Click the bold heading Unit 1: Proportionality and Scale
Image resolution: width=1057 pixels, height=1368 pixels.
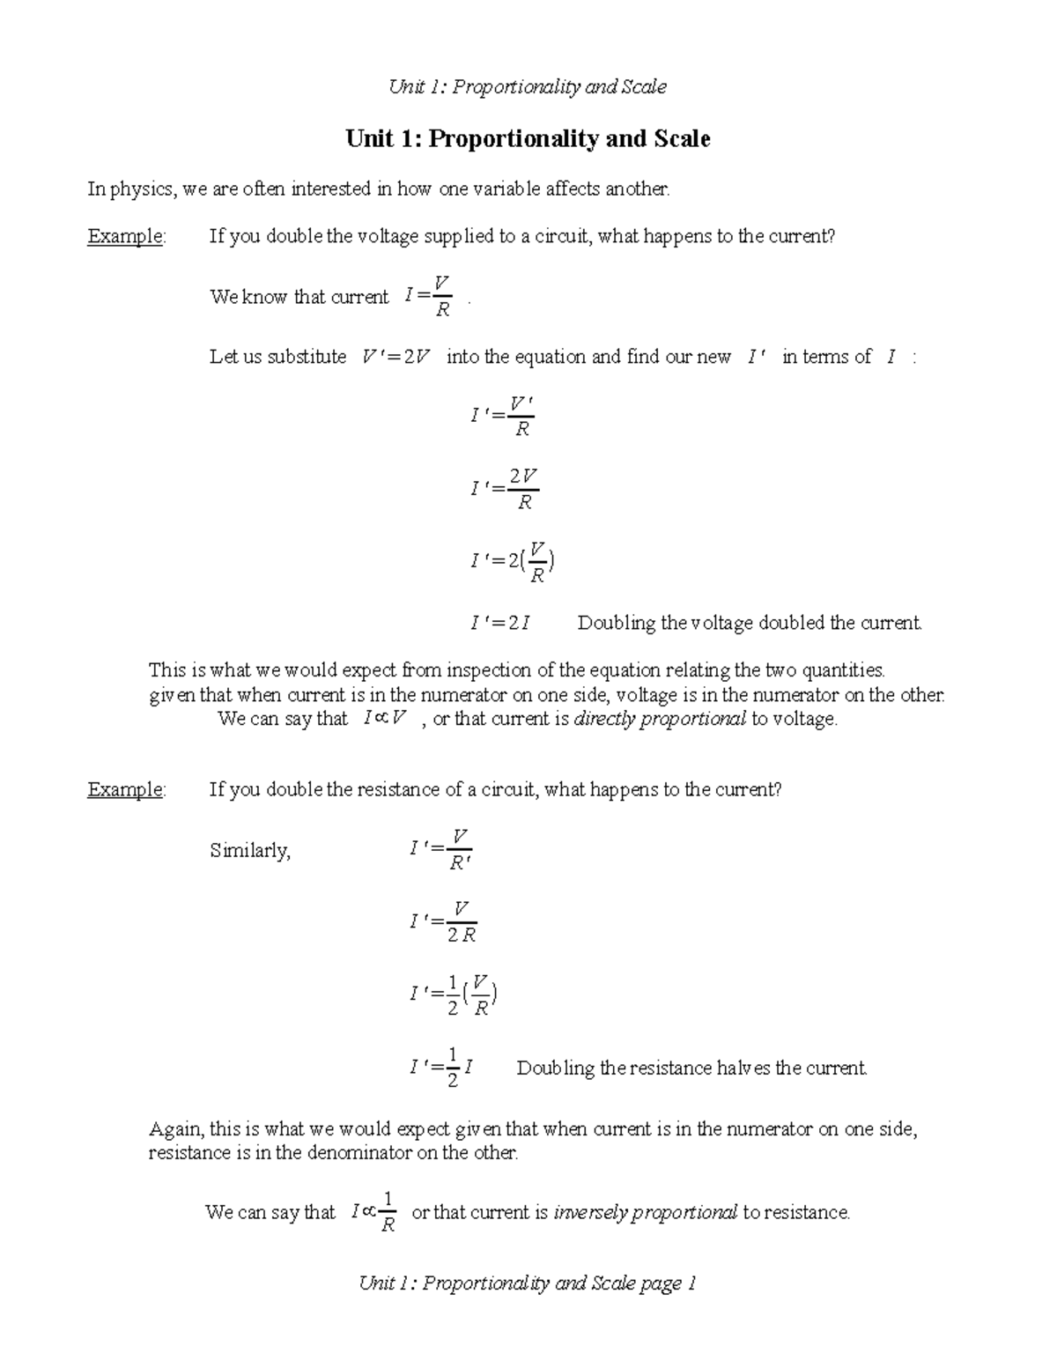[x=528, y=139]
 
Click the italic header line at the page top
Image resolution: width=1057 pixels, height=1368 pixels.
[x=528, y=86]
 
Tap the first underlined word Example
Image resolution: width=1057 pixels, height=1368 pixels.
[x=125, y=236]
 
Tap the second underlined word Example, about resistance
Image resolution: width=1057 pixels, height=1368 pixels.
[x=125, y=789]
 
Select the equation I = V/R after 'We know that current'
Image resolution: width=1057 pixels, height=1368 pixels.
[x=428, y=297]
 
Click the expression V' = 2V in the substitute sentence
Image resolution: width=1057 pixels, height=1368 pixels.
[x=395, y=357]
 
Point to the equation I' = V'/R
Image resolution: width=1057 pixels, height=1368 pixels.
[x=503, y=417]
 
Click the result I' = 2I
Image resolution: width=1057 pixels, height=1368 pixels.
[x=500, y=624]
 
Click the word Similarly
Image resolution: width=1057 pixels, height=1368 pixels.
[x=250, y=851]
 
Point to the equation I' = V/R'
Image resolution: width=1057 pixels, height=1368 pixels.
[x=441, y=850]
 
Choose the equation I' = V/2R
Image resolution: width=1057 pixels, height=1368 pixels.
[x=443, y=922]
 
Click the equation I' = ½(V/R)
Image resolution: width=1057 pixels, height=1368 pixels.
[x=453, y=995]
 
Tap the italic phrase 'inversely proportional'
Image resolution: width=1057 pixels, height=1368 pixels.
[x=645, y=1213]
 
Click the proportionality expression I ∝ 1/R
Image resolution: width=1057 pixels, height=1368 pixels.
[x=373, y=1213]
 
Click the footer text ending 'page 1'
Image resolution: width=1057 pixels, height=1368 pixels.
[x=528, y=1283]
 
